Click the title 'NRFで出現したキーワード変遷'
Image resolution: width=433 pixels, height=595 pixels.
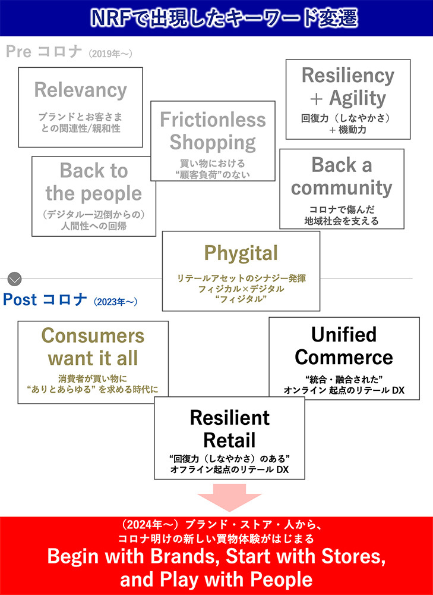tap(216, 18)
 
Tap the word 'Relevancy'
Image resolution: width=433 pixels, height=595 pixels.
tap(80, 90)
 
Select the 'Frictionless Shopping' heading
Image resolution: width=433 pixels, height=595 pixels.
tap(213, 131)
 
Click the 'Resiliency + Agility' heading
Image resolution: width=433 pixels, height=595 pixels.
tap(347, 86)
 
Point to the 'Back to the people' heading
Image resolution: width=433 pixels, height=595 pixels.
tap(94, 182)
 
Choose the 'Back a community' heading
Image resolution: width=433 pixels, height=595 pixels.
tap(342, 176)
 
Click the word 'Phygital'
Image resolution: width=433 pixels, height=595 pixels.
tap(241, 253)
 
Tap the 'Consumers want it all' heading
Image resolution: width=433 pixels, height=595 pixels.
tap(93, 347)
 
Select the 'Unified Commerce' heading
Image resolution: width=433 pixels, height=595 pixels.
tap(344, 346)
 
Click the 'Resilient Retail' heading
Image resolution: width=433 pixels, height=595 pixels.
tap(229, 428)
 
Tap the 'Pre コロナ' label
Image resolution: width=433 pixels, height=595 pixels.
tap(43, 52)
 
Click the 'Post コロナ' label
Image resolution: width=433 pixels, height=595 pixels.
tap(45, 299)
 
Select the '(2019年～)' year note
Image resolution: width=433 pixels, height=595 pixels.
tap(110, 54)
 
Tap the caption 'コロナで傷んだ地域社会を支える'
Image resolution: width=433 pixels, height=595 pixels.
tap(342, 215)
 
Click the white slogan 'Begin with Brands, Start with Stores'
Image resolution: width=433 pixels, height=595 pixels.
tap(216, 557)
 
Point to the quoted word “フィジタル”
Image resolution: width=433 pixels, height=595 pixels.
tap(241, 299)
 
